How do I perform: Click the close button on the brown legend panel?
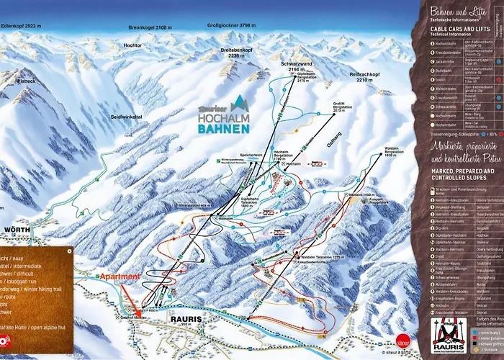[x=69, y=251]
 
